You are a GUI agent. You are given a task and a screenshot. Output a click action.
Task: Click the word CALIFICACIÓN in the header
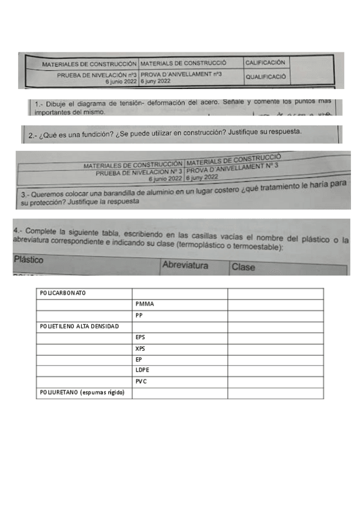coord(265,62)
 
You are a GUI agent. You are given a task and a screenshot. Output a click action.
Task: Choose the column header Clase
coord(243,266)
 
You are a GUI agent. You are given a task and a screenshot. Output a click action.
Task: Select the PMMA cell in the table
coord(145,304)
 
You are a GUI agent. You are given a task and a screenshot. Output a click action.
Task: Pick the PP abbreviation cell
coord(139,315)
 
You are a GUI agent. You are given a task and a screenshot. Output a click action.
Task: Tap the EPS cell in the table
coord(141,337)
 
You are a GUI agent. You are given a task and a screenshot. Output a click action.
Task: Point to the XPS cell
coord(141,348)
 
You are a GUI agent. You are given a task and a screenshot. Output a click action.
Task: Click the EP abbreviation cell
coord(139,360)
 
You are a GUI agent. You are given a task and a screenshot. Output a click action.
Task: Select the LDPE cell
coord(142,370)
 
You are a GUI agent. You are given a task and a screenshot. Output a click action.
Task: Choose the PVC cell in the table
coord(141,381)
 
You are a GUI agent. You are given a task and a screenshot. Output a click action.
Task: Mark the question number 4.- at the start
coord(17,231)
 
